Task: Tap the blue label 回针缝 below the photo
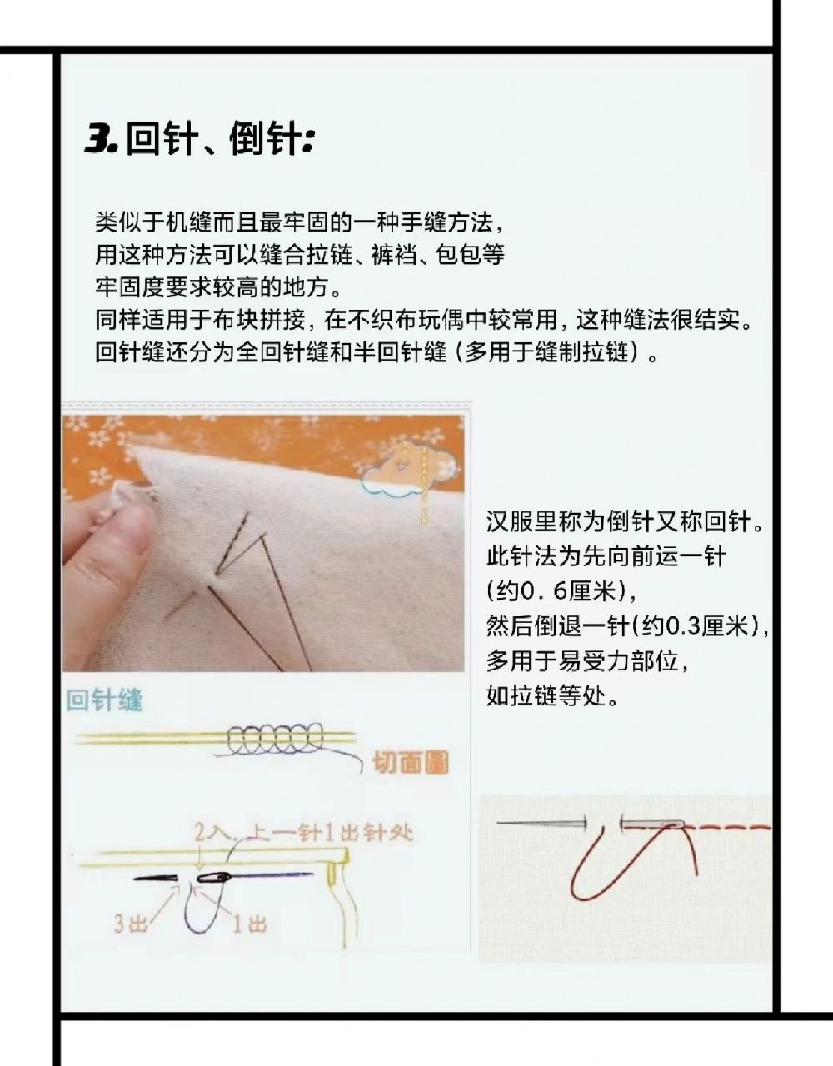(x=105, y=700)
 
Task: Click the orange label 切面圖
(x=409, y=761)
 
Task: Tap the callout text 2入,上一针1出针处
(x=303, y=831)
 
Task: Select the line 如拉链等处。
(x=553, y=695)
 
